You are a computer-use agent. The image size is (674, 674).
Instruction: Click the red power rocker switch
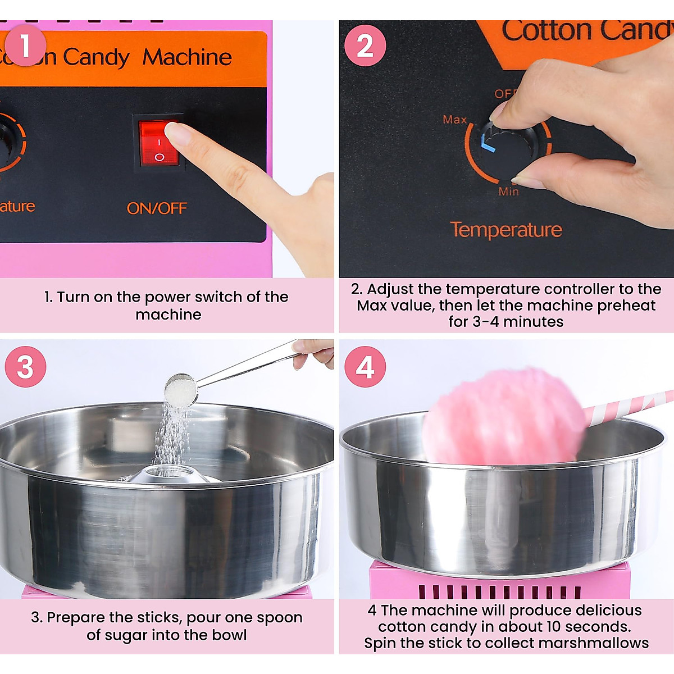159,143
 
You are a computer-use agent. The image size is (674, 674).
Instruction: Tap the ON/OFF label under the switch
157,208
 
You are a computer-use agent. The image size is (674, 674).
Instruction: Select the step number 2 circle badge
365,45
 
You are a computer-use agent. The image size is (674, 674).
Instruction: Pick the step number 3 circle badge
25,367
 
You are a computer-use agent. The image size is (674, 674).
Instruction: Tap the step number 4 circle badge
365,367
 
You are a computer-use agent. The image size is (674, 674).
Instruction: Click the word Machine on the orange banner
187,57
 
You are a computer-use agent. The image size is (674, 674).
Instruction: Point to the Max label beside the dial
454,120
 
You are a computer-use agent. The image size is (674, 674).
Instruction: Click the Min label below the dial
509,192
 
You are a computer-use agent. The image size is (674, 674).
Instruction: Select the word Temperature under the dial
505,230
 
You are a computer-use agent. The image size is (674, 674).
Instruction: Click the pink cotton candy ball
503,416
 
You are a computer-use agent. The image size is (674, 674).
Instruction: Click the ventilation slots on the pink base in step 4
500,591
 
